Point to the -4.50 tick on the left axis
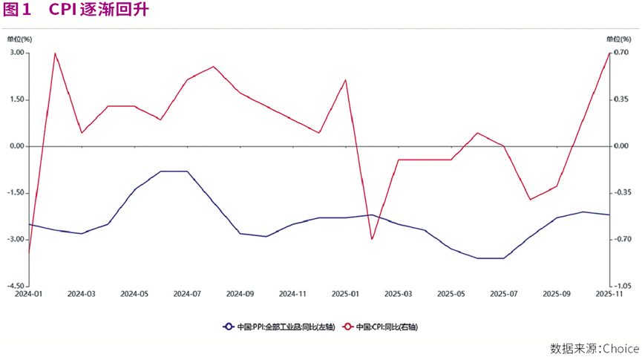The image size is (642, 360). tap(17, 286)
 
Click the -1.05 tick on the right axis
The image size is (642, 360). tap(622, 286)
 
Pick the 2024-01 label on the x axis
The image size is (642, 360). tap(29, 295)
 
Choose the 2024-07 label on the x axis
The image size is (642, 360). tap(187, 295)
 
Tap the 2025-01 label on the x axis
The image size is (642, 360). tap(345, 295)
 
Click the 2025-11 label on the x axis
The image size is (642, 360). tap(609, 295)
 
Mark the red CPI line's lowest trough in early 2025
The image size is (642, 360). tap(372, 239)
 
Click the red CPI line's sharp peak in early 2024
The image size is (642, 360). tap(55, 53)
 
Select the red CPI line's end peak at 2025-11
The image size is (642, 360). tap(609, 53)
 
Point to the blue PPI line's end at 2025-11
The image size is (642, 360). tap(609, 215)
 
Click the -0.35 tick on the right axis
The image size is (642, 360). tap(622, 192)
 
